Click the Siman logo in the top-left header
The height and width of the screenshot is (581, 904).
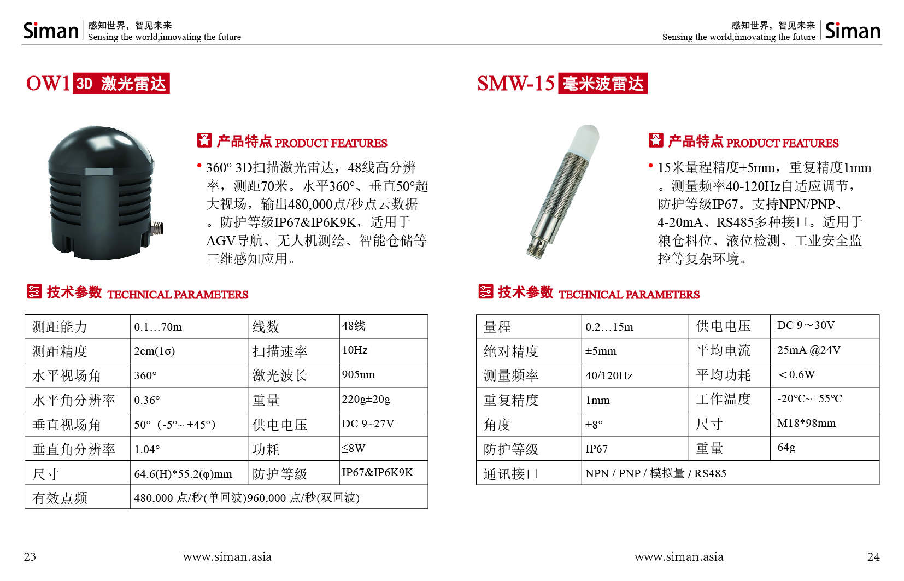(51, 31)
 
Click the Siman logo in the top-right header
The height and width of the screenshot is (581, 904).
(852, 31)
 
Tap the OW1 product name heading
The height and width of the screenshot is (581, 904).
(48, 84)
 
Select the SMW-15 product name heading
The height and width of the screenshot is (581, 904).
(515, 84)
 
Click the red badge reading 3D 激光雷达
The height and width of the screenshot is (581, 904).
(121, 84)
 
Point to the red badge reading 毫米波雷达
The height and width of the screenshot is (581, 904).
(602, 84)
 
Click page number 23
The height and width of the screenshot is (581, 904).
(30, 557)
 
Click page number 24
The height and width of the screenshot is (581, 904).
(873, 557)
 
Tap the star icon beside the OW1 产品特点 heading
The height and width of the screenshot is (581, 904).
(204, 140)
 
